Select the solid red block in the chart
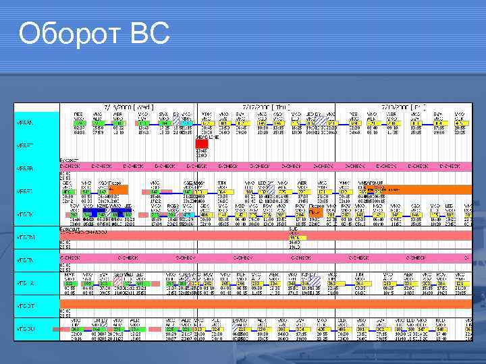[202, 144]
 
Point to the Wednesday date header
[129, 107]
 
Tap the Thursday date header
[266, 107]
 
